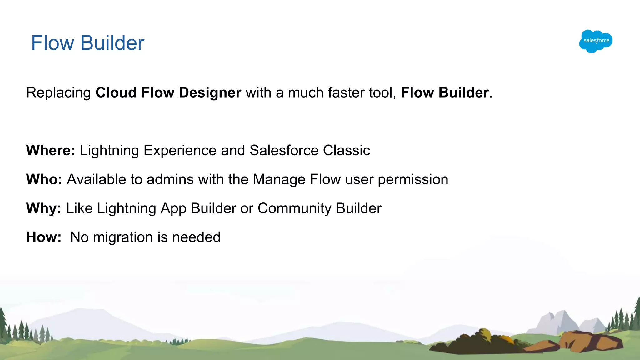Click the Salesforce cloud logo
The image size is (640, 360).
coord(596,41)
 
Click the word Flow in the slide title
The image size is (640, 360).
coord(52,43)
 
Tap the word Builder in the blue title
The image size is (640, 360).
coord(112,43)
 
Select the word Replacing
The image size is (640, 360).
coord(58,93)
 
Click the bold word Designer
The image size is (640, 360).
coord(210,93)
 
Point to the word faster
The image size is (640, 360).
coord(345,93)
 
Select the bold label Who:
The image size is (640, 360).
coord(44,179)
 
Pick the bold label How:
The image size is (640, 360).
coord(44,237)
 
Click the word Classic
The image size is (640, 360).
coord(346,150)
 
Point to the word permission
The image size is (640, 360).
coord(413,180)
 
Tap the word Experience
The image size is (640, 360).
coord(180,151)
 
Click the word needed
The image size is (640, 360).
coord(196,237)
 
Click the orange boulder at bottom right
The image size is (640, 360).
coord(587,341)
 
